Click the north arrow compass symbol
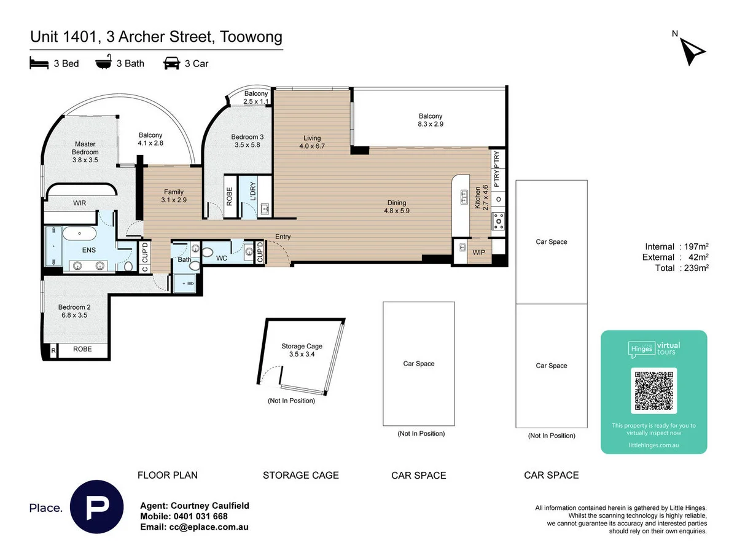pos(691,52)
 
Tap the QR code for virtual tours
pos(653,391)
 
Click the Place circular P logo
pos(96,506)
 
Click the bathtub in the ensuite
pos(79,233)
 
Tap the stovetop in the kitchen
pos(498,221)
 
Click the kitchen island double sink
pos(464,197)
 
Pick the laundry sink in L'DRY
pos(265,210)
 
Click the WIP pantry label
pos(478,252)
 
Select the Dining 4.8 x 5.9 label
pos(397,206)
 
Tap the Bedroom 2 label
pos(74,311)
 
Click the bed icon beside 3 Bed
pos(39,63)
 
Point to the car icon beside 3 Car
pos(171,63)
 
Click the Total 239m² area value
pos(696,268)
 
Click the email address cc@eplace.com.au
pos(208,527)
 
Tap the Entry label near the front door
pos(283,237)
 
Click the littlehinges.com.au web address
pos(653,445)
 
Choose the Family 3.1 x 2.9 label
pos(174,196)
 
